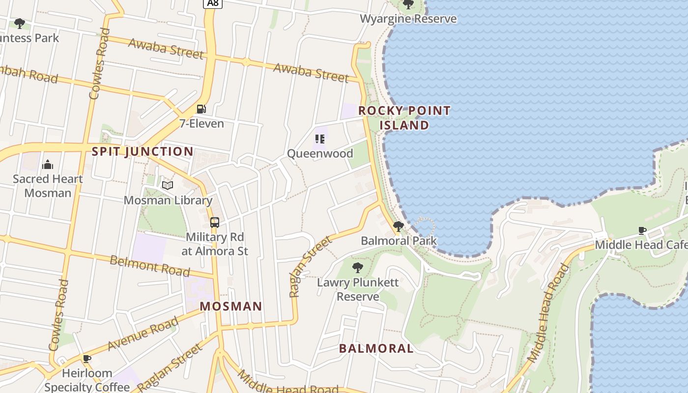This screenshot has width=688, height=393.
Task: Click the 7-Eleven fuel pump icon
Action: pos(201,109)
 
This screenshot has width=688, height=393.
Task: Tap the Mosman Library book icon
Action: pos(168,185)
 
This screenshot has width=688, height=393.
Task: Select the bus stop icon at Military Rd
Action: pos(215,223)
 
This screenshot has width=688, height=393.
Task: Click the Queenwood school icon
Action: pos(320,139)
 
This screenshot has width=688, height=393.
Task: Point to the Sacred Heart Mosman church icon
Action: pos(48,164)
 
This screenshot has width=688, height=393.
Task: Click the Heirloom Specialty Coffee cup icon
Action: pos(87,359)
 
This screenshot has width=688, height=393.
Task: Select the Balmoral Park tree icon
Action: pos(398,226)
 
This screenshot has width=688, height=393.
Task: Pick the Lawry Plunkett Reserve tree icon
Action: pos(358,268)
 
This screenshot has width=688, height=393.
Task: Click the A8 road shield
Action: pos(213,3)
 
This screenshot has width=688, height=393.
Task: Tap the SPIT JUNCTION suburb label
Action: pos(143,151)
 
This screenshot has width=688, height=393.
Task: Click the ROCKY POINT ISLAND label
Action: pos(404,118)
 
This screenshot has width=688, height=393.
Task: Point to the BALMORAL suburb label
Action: pos(376,349)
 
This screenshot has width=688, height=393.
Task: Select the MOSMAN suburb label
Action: pos(230,307)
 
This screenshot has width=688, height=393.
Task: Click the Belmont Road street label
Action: pos(149,266)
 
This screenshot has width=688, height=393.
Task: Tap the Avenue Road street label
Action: pos(143,334)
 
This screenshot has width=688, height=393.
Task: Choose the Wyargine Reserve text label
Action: pos(408,19)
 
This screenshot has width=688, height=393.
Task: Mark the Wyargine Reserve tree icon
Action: pos(408,4)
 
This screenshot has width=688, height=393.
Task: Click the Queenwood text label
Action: pos(320,153)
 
